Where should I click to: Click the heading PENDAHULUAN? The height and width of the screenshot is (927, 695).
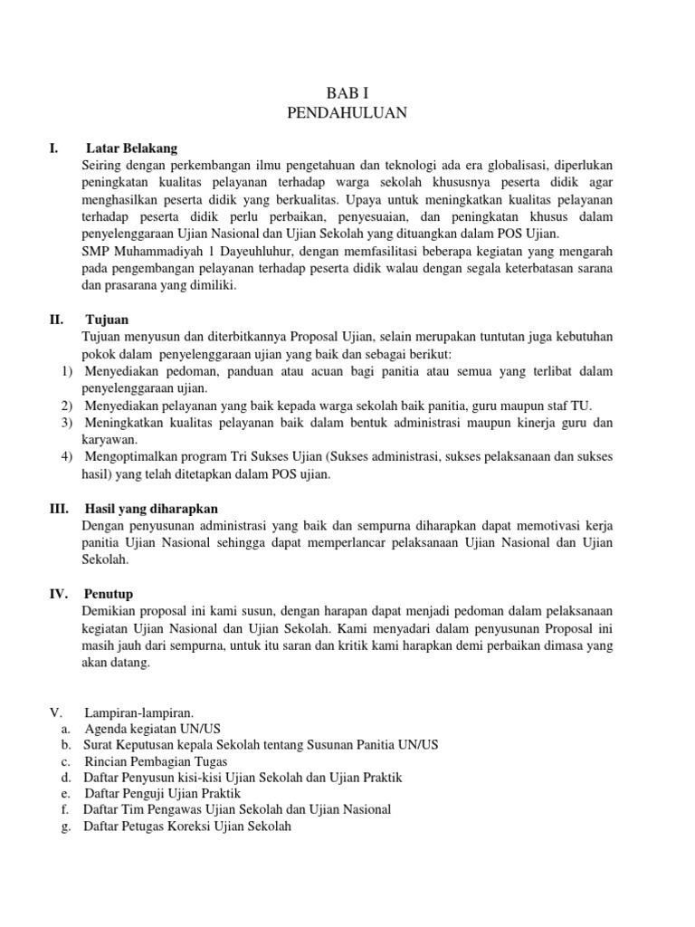point(347,113)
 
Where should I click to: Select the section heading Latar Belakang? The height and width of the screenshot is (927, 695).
point(132,148)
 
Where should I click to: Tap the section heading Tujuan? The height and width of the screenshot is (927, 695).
point(107,320)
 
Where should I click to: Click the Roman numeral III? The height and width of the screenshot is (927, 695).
point(58,509)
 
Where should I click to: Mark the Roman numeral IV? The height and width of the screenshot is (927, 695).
point(59,594)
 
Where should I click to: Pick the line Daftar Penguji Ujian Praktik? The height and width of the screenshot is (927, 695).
point(161,794)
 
